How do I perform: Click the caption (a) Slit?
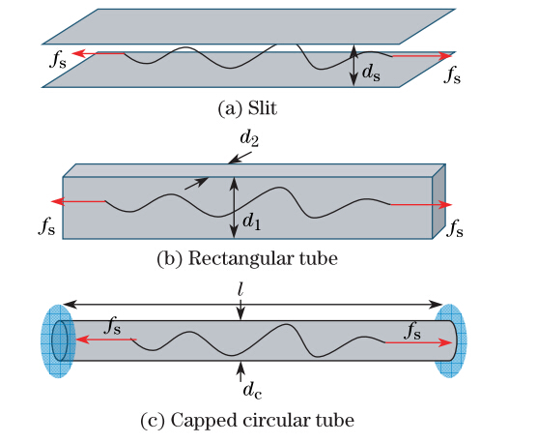247,108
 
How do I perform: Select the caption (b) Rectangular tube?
247,258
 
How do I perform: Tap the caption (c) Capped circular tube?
247,420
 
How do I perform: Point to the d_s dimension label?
371,73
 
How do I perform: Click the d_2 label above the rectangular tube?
249,138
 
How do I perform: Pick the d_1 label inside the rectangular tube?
252,221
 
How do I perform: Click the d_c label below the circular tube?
252,391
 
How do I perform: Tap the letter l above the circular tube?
240,290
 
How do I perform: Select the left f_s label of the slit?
58,60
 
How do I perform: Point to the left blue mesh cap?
58,341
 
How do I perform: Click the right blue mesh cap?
450,341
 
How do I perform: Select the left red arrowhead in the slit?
78,53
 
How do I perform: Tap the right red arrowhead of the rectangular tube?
445,205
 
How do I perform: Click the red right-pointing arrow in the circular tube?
418,342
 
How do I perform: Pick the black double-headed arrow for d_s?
353,65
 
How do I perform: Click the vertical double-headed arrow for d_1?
234,207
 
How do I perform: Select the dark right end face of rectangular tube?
439,201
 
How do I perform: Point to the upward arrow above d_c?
240,371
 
